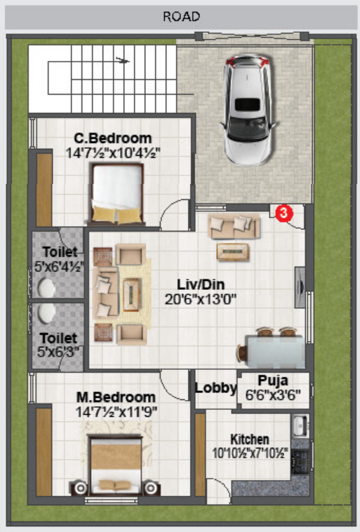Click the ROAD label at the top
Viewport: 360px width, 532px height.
coord(182,17)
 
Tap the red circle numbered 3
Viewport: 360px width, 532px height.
coord(284,213)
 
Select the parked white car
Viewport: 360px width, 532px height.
coord(248,109)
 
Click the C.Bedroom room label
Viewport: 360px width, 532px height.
coord(113,138)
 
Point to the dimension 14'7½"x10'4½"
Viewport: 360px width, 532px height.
coord(113,153)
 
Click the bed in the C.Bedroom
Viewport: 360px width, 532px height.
coord(117,194)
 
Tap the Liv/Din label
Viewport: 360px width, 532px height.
coord(201,285)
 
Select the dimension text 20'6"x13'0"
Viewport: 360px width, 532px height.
coord(201,300)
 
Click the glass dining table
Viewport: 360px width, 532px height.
coord(275,351)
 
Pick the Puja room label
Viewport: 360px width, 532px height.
coord(273,380)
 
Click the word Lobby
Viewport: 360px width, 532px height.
coord(216,388)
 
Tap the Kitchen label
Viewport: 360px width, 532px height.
coord(250,439)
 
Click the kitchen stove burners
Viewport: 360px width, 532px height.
coord(300,460)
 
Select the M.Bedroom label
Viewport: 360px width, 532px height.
coord(116,397)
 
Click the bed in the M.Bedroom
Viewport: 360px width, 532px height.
coord(115,464)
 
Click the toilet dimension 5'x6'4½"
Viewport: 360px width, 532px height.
coord(59,267)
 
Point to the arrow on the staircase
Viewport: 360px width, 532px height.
coord(123,61)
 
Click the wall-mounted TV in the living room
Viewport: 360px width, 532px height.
coord(300,287)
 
